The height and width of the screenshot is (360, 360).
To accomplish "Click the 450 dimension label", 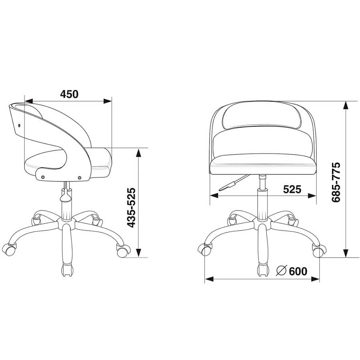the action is [x=69, y=94].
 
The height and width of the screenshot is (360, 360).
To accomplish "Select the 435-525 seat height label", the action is [x=131, y=208].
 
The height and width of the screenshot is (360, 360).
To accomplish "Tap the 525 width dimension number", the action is [x=292, y=190].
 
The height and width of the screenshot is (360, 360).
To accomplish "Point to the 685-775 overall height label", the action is [x=336, y=182].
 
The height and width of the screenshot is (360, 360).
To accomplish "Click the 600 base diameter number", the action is [x=298, y=271].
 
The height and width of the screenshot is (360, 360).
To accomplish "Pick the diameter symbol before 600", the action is [x=282, y=271].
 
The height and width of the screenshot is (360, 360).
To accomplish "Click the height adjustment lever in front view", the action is [x=234, y=183].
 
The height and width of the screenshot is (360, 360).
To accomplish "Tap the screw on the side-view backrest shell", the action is [x=19, y=125].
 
